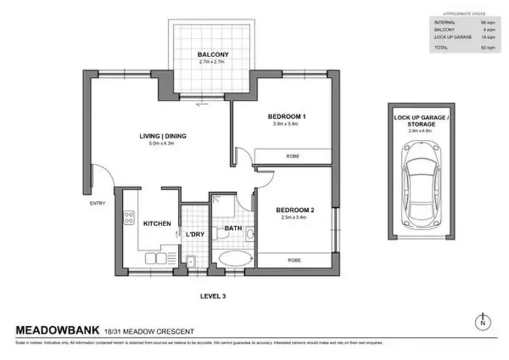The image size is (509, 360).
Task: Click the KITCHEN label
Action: click(x=156, y=223)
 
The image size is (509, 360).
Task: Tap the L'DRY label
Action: click(x=195, y=234)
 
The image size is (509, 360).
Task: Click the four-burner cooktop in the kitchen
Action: click(x=128, y=219)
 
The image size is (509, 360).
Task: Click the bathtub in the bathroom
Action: click(x=233, y=259)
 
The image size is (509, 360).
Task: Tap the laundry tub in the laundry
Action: click(x=192, y=260)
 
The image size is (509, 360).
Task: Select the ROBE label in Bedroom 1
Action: click(x=293, y=157)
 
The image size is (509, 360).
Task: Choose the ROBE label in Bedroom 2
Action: click(x=293, y=260)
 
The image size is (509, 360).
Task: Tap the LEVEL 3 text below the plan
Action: click(x=214, y=296)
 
